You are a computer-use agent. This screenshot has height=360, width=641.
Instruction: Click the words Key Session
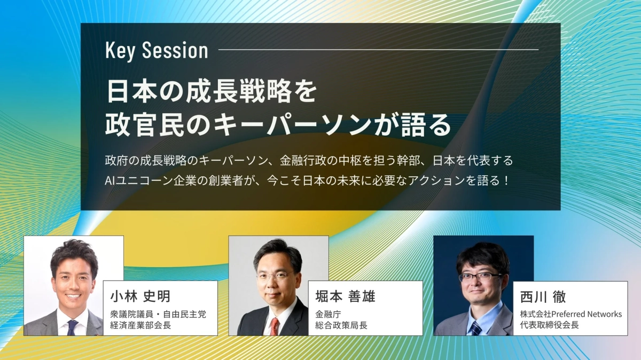157,51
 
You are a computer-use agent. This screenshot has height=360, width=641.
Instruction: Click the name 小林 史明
140,296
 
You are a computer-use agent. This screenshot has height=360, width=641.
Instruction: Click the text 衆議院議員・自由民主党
158,315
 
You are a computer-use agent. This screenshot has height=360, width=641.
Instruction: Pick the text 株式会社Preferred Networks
570,314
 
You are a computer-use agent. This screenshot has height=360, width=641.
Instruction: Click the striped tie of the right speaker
475,327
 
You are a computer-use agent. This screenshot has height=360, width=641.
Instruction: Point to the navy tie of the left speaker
72,327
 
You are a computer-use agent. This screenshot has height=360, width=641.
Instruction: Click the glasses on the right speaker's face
481,277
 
